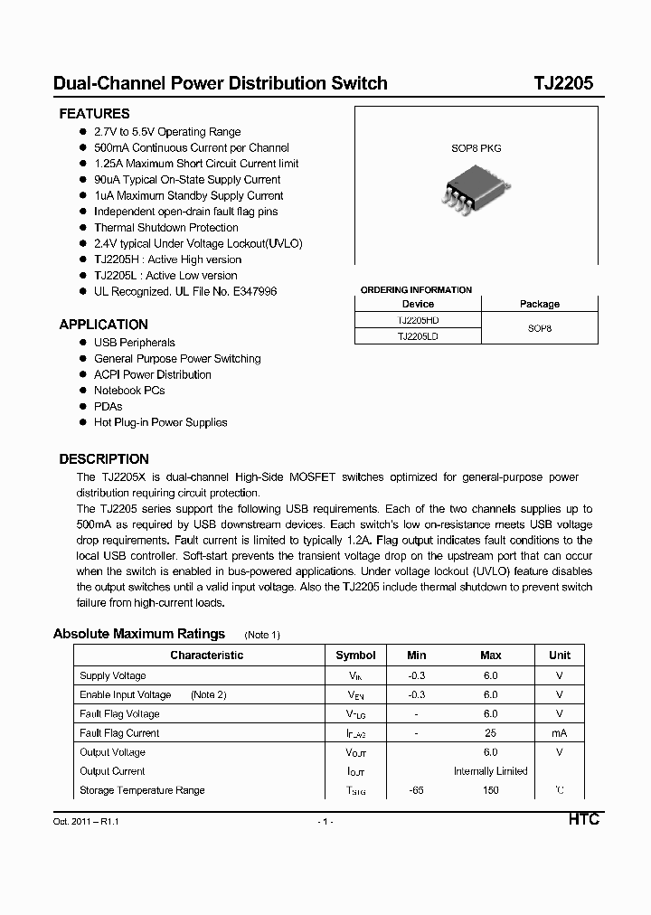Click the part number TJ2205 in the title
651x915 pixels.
coord(562,83)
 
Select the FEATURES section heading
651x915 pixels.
coord(94,114)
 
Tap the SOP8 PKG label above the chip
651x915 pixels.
coord(476,148)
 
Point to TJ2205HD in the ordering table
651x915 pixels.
coord(418,320)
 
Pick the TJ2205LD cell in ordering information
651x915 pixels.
coord(418,335)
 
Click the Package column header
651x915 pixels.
coord(539,304)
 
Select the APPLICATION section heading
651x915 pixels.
coord(103,325)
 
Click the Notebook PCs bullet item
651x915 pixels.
coord(129,391)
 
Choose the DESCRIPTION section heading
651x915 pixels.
coord(104,459)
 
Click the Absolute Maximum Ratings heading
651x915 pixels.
coord(139,634)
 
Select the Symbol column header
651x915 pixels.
coord(355,656)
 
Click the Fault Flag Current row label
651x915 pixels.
coord(119,733)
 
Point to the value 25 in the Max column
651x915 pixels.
coord(490,733)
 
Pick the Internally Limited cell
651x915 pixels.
coord(490,771)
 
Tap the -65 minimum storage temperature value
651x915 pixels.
coord(416,790)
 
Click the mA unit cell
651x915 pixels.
coord(559,733)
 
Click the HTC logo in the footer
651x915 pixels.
coord(583,820)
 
